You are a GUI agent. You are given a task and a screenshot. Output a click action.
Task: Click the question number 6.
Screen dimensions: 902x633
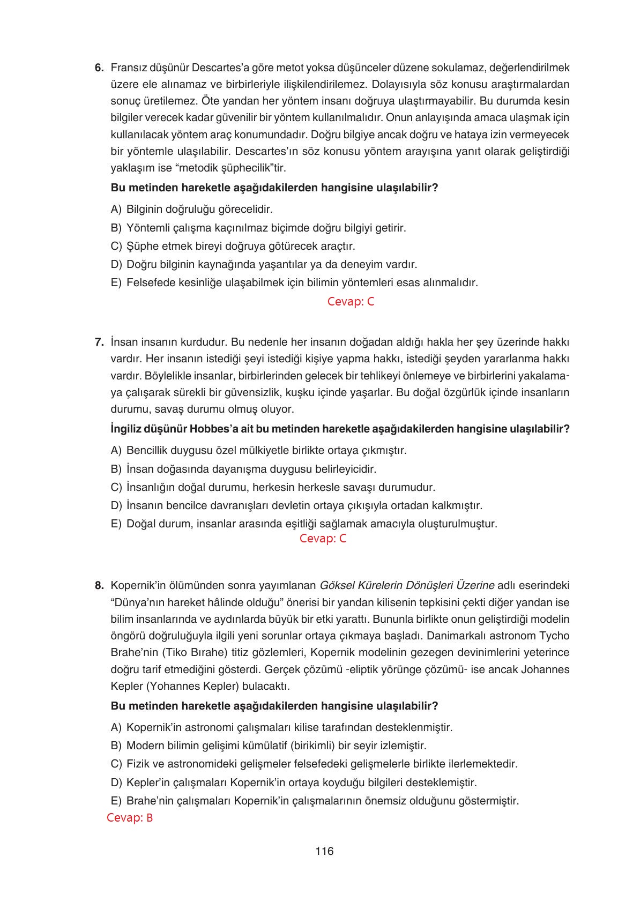point(99,68)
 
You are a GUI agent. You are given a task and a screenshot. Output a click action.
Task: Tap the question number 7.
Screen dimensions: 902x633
point(99,342)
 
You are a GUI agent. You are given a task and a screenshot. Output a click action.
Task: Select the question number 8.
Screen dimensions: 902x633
point(99,585)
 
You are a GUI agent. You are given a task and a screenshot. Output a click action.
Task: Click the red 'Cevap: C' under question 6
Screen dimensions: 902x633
point(351,302)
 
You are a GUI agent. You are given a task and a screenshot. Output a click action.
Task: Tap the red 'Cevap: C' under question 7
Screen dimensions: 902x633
point(323,539)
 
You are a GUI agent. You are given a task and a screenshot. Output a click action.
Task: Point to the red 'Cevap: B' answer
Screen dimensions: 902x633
point(130,818)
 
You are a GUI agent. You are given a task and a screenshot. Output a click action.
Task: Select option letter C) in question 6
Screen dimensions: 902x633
point(116,246)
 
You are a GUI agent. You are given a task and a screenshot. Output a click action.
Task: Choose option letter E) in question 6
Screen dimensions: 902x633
point(116,282)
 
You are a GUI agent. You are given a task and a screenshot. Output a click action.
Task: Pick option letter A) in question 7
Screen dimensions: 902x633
point(116,451)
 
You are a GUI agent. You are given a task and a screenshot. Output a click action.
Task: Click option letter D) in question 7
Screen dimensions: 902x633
point(116,505)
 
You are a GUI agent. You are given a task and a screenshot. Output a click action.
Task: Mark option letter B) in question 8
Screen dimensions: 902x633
point(116,746)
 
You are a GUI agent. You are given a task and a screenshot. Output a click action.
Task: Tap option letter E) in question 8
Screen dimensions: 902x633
point(116,801)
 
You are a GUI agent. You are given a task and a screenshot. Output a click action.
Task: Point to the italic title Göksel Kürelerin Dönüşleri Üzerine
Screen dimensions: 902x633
point(407,585)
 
